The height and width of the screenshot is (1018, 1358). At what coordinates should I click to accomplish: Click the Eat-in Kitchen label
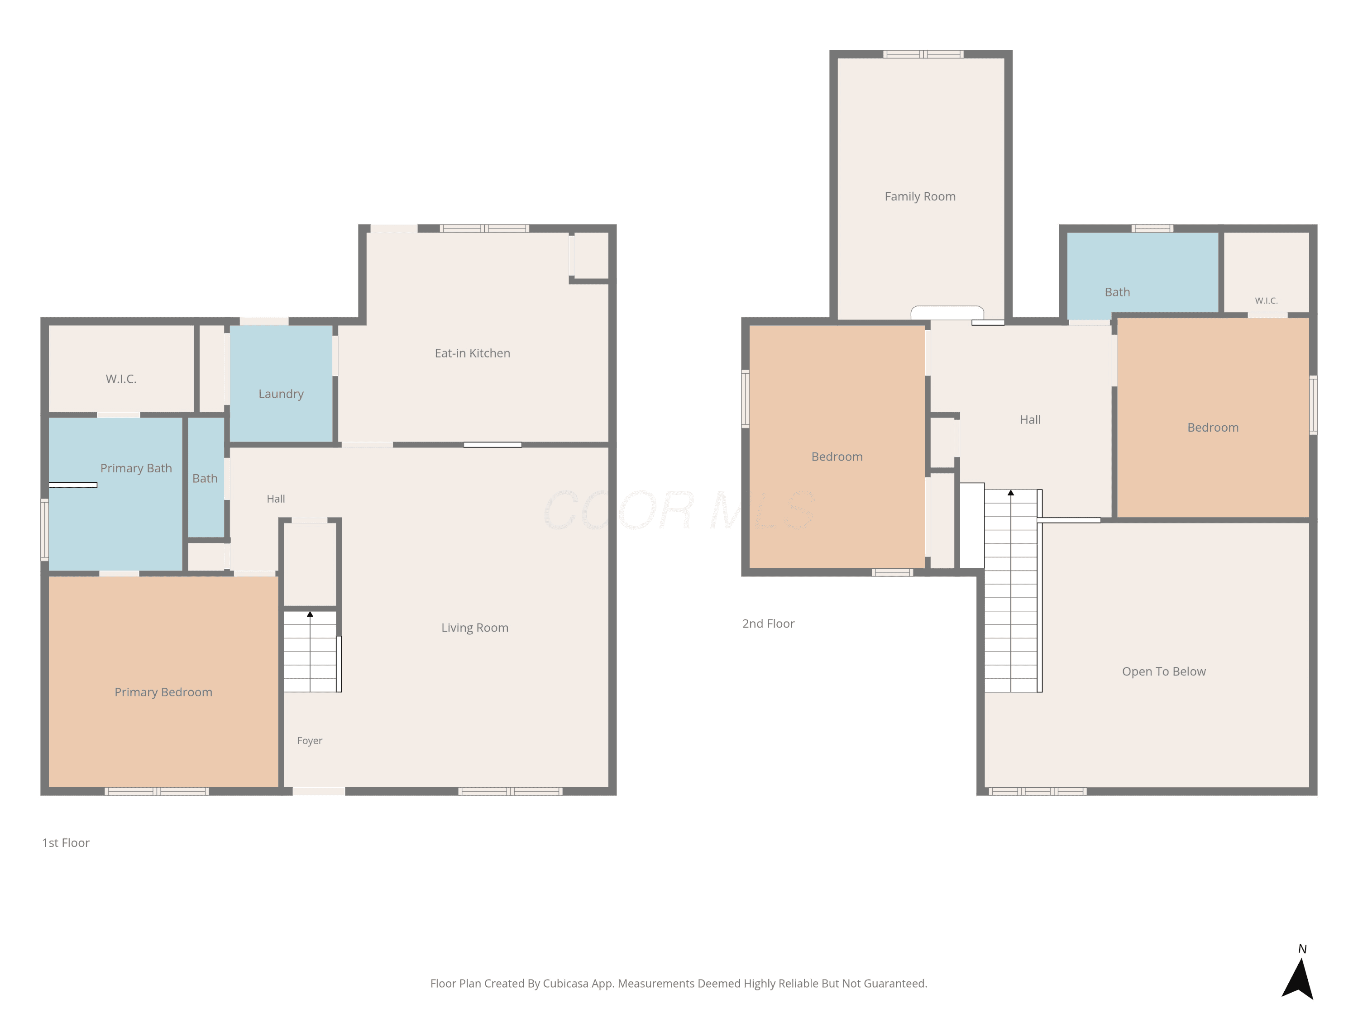point(472,353)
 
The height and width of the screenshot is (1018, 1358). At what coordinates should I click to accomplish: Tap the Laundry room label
point(281,395)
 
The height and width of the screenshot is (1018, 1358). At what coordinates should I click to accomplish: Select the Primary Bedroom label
point(163,693)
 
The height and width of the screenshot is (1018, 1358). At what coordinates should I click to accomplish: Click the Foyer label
point(310,741)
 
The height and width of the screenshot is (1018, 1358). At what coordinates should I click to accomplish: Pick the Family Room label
point(920,197)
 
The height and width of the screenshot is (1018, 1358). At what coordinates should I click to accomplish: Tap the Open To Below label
point(1163,672)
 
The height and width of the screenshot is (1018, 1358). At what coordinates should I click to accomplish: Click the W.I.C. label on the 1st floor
point(121,379)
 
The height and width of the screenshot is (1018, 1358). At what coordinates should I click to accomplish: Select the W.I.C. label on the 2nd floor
point(1266,301)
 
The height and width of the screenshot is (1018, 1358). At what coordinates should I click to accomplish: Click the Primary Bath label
point(136,469)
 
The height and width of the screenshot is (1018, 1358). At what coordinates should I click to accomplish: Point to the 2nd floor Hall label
point(1030,420)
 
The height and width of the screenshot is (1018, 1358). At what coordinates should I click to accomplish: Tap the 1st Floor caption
point(66,843)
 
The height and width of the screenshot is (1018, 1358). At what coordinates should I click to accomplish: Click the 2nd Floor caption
point(768,624)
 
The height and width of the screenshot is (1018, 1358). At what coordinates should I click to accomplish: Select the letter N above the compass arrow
point(1302,949)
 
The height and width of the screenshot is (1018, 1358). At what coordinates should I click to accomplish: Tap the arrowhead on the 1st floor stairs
point(310,614)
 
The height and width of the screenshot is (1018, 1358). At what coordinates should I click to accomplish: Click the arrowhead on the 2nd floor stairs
point(1010,493)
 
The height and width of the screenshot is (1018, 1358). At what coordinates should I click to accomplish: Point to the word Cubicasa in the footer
point(565,984)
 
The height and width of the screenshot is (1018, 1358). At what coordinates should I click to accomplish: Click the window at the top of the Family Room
point(923,54)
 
